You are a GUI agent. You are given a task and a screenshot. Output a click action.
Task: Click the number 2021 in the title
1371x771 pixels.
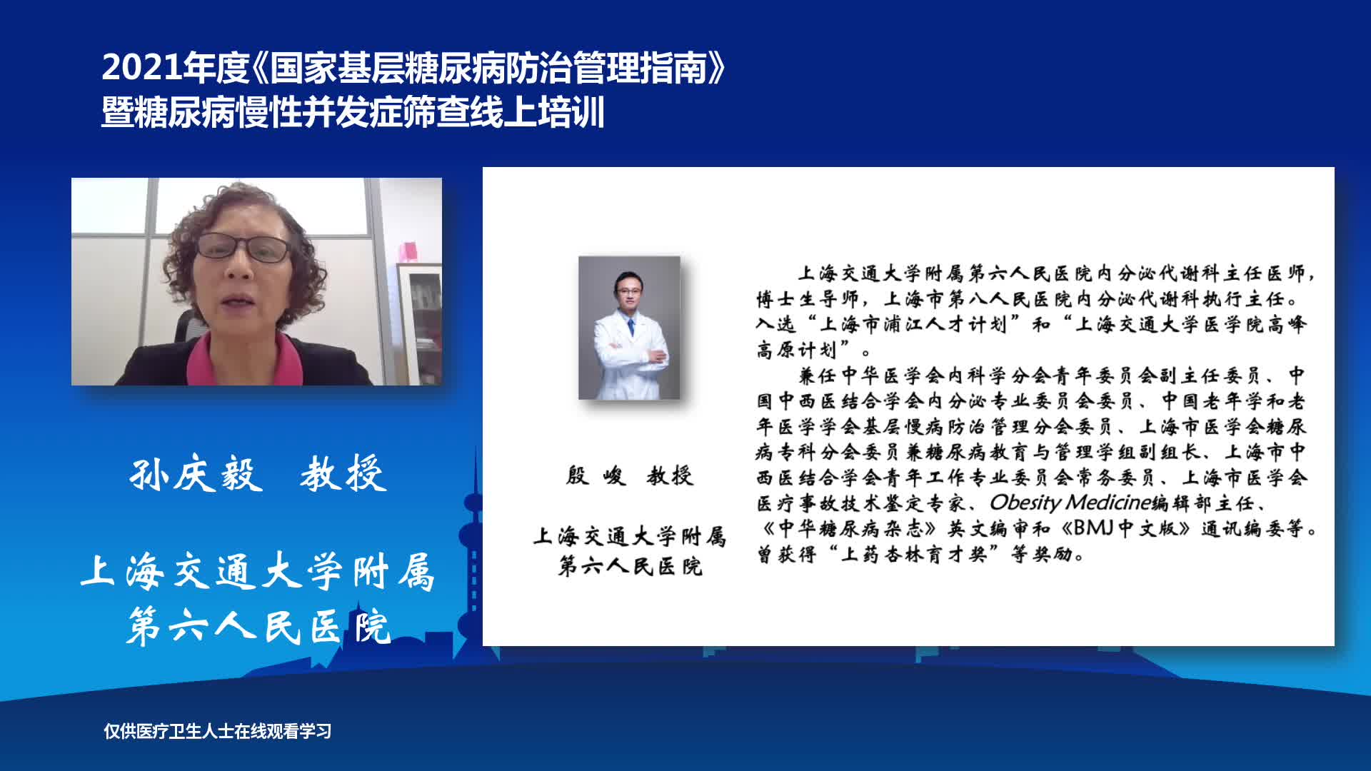[141, 68]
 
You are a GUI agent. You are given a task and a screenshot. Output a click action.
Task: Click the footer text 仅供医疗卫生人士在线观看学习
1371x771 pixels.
[218, 731]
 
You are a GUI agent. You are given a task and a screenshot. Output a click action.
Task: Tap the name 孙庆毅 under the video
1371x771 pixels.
[196, 474]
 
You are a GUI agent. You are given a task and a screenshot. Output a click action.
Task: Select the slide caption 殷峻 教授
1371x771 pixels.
[629, 475]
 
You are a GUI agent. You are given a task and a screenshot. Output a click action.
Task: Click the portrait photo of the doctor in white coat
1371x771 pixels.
[629, 328]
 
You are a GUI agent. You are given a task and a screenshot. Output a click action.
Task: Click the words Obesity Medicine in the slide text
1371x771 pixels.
[1069, 503]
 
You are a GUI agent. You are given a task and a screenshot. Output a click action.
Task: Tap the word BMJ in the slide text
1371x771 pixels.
[1094, 528]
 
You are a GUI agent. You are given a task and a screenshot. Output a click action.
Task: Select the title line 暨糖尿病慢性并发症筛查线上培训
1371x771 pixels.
[353, 113]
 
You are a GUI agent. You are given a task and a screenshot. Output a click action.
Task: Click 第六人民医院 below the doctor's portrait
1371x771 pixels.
[631, 567]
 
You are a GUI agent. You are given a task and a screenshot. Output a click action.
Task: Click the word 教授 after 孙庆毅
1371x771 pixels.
[343, 474]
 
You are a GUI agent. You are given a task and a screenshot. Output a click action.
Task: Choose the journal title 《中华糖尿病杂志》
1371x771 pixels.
[848, 528]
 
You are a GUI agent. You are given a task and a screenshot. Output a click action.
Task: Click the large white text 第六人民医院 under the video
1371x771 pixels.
[258, 628]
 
